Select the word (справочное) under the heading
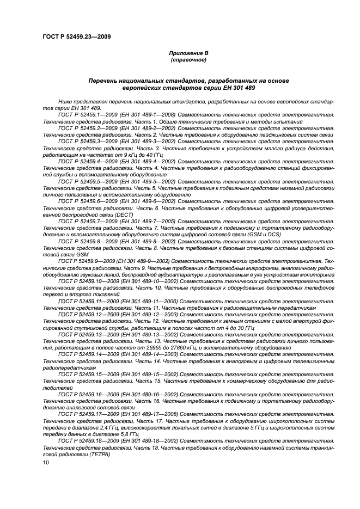pyautogui.click(x=188, y=59)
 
